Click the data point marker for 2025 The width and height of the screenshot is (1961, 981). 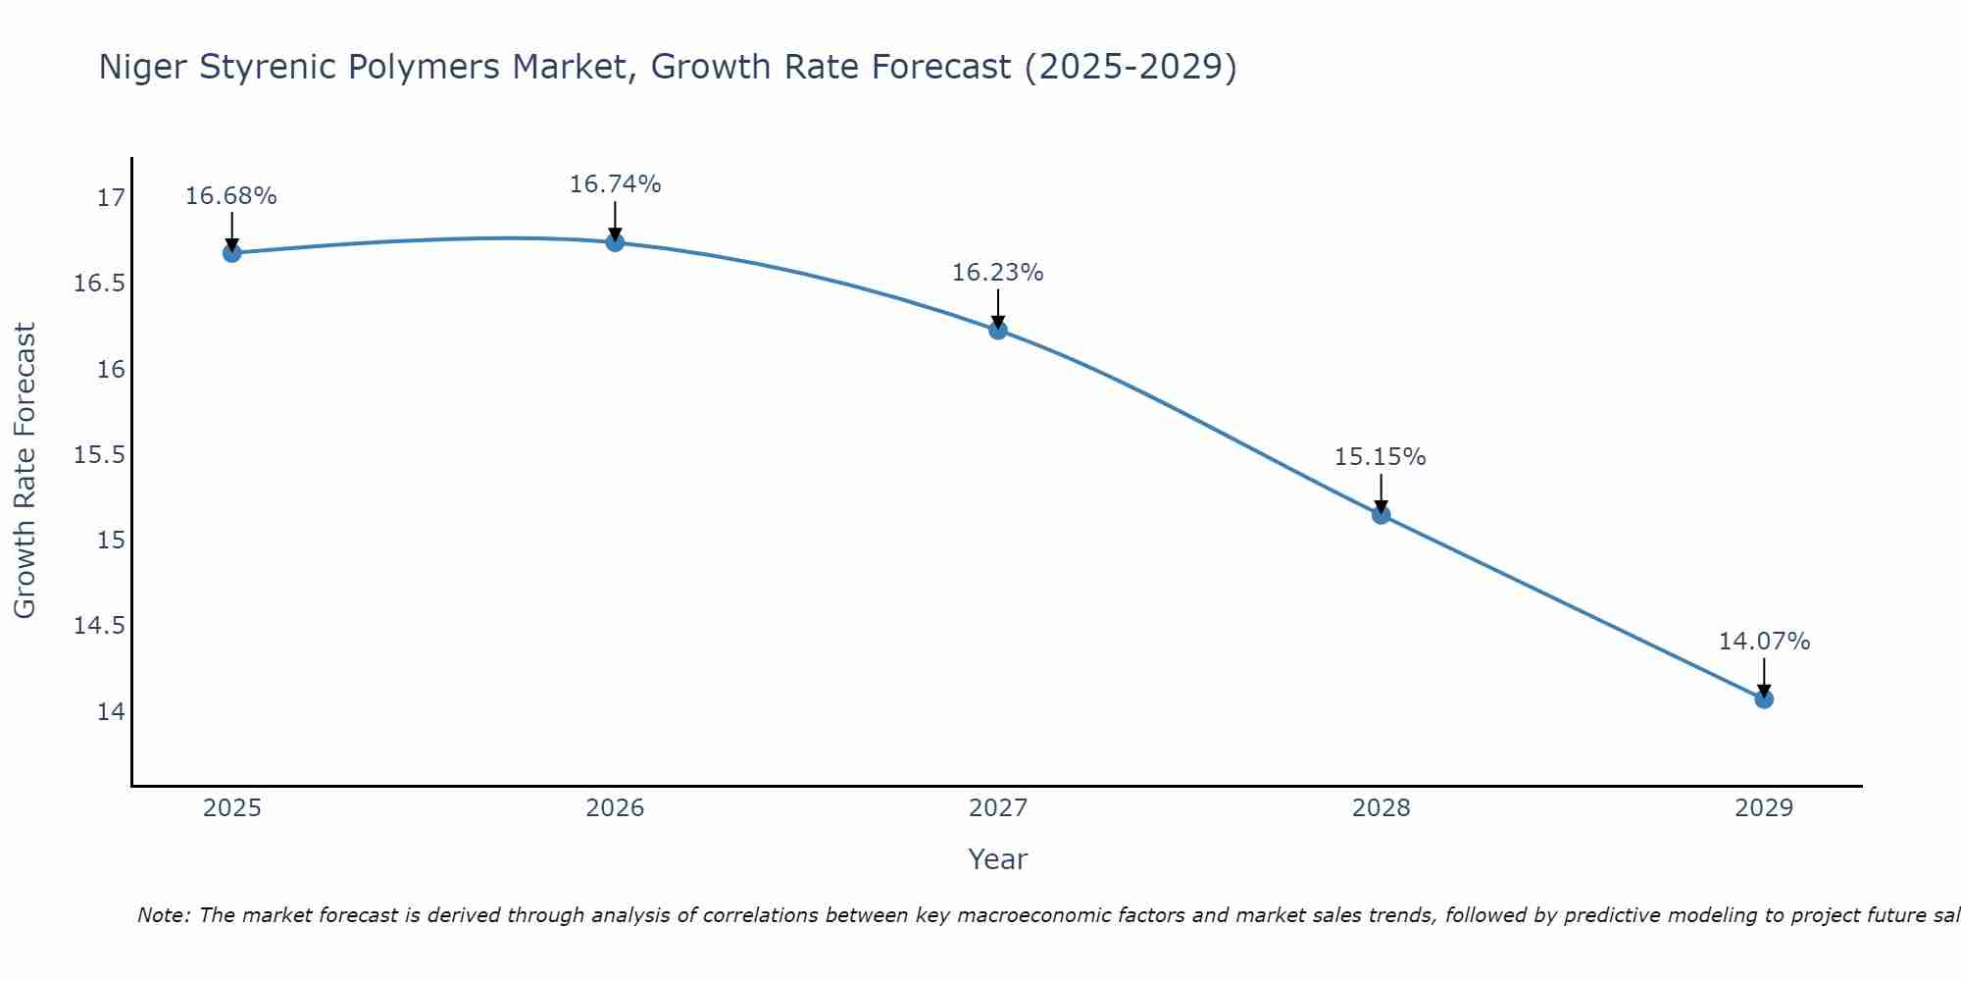(232, 253)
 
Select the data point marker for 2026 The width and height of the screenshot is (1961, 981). (615, 242)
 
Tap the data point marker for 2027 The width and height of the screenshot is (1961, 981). (998, 330)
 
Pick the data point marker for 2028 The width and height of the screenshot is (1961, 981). (1382, 515)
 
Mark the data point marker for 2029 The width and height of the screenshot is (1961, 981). (1764, 699)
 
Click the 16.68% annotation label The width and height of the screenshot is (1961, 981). (231, 196)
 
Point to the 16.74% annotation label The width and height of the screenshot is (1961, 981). (615, 184)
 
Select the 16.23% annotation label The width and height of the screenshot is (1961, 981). (998, 273)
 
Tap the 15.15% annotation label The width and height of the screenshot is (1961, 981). (1381, 457)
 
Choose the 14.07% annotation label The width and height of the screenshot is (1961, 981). (1764, 642)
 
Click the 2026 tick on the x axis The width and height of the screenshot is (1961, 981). (615, 808)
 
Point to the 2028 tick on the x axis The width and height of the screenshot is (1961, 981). (1381, 808)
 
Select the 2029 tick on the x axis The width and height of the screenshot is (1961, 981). (1764, 808)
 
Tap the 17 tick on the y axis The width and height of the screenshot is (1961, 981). (112, 198)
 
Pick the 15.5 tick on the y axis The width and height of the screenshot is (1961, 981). (100, 455)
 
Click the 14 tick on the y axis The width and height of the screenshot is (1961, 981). (112, 711)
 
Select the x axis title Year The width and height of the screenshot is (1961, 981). (998, 859)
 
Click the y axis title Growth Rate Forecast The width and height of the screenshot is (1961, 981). (25, 471)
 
